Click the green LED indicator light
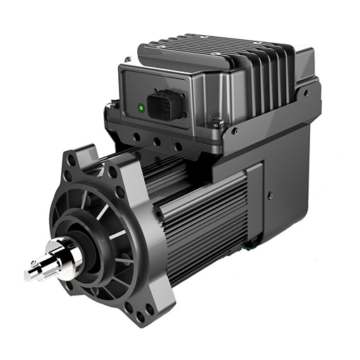pos(141,108)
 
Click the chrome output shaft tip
pos(33,272)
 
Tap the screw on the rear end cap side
pos(270,196)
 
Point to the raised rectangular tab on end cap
pos(253,204)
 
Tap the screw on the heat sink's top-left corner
pos(128,59)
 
